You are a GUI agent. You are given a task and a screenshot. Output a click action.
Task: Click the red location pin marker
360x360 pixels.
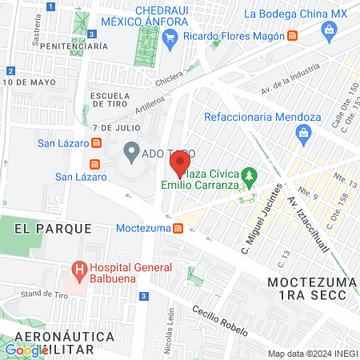pyautogui.click(x=179, y=165)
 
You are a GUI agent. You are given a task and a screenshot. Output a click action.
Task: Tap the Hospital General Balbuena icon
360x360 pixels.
pyautogui.click(x=79, y=270)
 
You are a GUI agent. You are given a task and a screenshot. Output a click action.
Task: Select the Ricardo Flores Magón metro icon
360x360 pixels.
pyautogui.click(x=293, y=36)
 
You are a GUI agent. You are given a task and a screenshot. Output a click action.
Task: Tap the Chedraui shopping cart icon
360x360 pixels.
pyautogui.click(x=170, y=36)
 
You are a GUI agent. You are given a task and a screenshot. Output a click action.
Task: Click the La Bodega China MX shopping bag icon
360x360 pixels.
pyautogui.click(x=328, y=30)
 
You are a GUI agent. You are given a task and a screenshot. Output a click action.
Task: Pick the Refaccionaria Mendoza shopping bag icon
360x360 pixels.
pyautogui.click(x=324, y=134)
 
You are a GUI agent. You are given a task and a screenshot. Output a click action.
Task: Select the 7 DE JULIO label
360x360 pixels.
pyautogui.click(x=116, y=127)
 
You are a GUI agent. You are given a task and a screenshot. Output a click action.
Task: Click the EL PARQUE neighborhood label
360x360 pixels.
pyautogui.click(x=53, y=228)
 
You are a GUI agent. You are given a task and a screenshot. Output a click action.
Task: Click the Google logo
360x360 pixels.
pyautogui.click(x=26, y=350)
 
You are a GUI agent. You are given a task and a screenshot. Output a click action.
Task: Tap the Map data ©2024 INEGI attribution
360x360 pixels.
pyautogui.click(x=312, y=354)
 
